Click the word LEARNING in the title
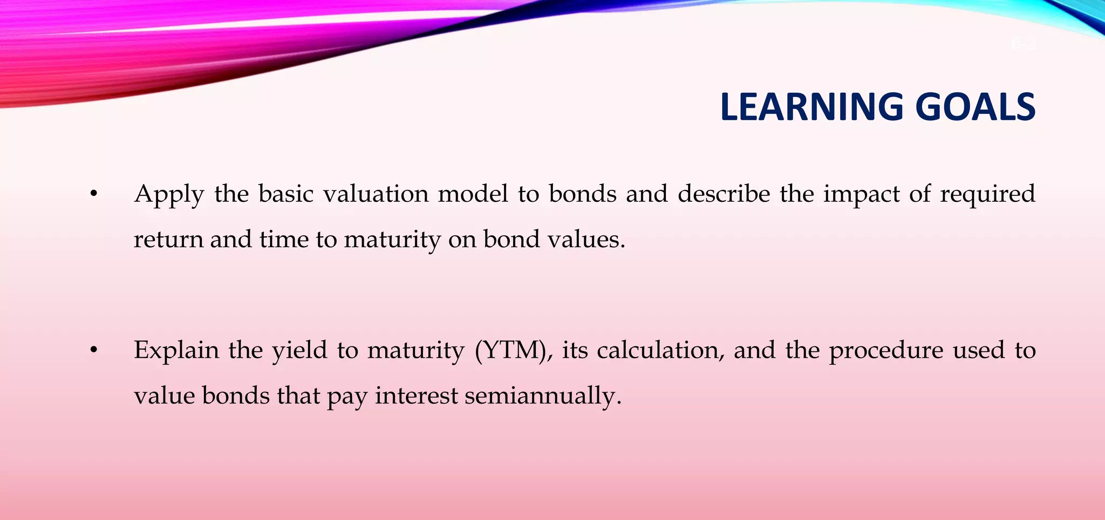(x=811, y=107)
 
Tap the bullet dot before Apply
(x=94, y=194)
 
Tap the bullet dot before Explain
(x=94, y=351)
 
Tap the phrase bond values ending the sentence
(x=554, y=240)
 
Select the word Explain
(x=176, y=351)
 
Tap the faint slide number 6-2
(x=1023, y=43)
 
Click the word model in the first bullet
(x=473, y=194)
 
